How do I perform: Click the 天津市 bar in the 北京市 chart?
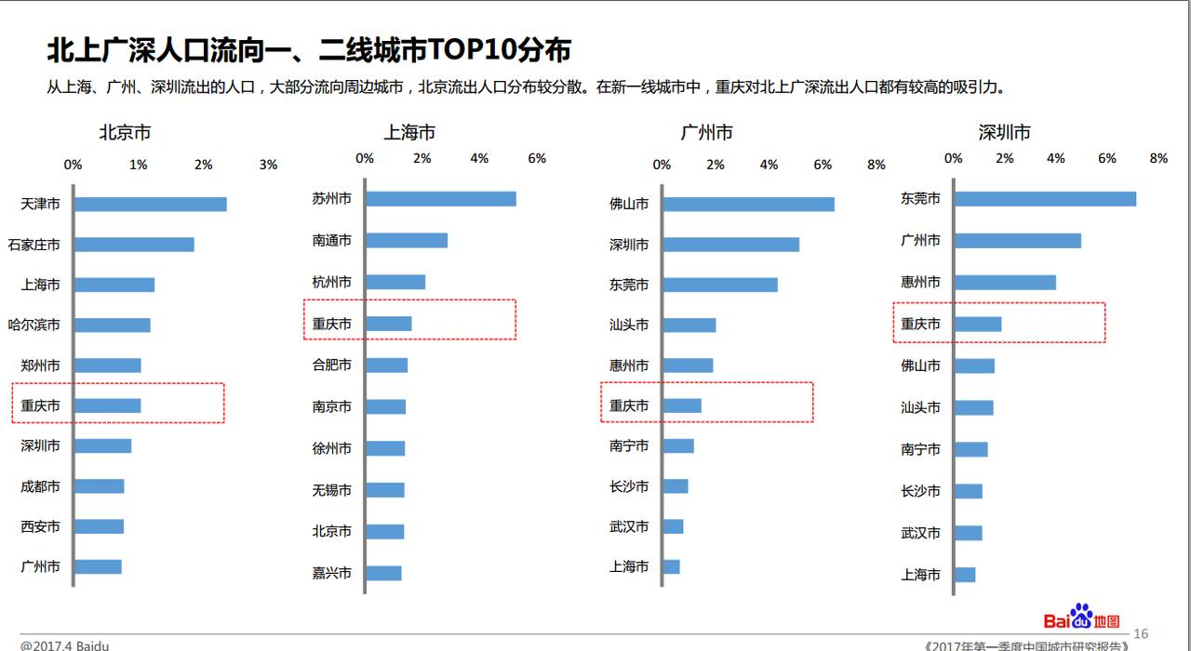coord(150,204)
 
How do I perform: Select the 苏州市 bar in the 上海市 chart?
coord(440,198)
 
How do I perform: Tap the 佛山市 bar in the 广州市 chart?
coord(748,204)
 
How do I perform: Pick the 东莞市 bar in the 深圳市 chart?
coord(1044,198)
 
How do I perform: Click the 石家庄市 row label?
coord(33,245)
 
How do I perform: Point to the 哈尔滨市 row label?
coord(33,325)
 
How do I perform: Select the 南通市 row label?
coord(331,240)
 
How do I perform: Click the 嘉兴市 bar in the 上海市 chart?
coord(383,573)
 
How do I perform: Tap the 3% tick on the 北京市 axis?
coord(268,165)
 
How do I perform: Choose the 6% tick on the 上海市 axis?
coord(537,158)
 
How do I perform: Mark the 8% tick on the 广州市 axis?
coord(876,165)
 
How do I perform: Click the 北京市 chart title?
coord(126,133)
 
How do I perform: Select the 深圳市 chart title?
coord(1004,133)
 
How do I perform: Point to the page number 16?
coord(1141,634)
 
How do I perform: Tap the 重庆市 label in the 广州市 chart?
coord(629,405)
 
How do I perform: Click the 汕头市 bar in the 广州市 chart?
coord(689,325)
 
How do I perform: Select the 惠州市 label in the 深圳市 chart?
coord(920,282)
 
